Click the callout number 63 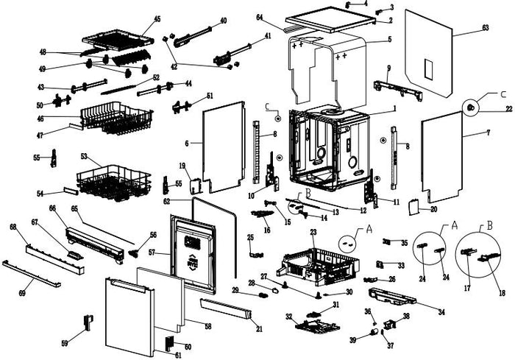click(x=486, y=28)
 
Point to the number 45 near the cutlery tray click(x=157, y=18)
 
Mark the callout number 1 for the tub click(x=394, y=108)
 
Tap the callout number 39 click(x=353, y=340)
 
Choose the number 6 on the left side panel click(x=188, y=142)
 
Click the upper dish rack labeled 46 click(x=110, y=118)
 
